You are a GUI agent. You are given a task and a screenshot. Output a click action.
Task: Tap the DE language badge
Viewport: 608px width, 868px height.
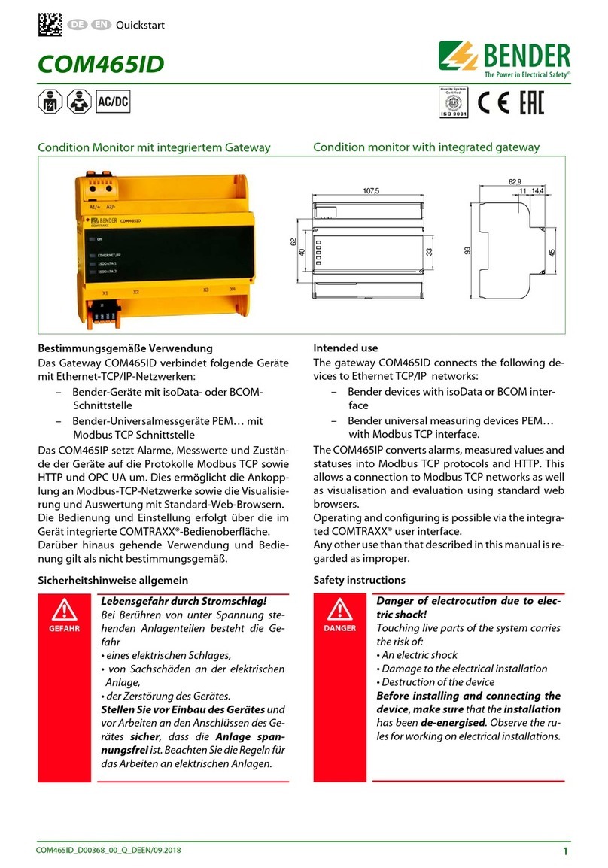click(x=75, y=25)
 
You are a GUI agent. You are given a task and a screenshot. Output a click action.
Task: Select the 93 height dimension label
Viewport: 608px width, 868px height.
click(x=468, y=251)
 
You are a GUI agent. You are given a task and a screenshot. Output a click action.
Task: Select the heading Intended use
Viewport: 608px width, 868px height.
click(x=345, y=348)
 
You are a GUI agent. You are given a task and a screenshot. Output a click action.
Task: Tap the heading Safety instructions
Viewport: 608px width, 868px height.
click(x=359, y=580)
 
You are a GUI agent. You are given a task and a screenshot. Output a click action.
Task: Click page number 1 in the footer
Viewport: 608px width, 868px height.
click(x=564, y=851)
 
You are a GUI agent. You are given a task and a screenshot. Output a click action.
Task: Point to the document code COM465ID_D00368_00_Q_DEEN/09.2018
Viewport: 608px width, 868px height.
click(x=109, y=851)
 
